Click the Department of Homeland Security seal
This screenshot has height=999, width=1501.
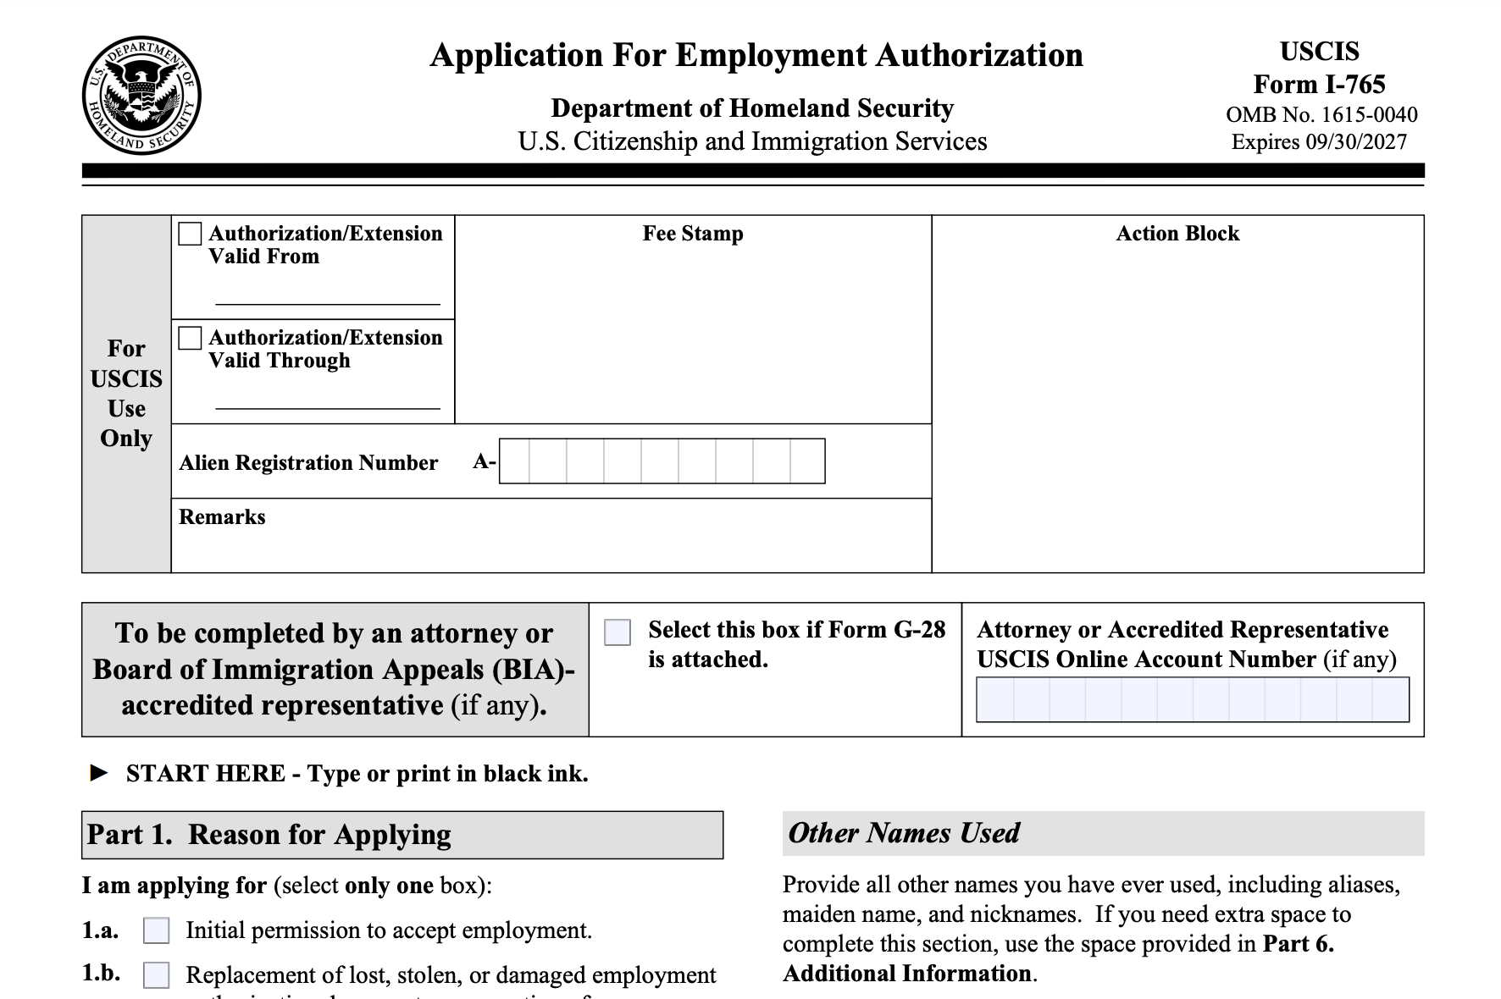pyautogui.click(x=141, y=96)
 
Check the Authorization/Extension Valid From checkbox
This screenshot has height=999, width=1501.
pyautogui.click(x=190, y=234)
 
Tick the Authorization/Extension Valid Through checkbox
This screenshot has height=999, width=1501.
pyautogui.click(x=190, y=338)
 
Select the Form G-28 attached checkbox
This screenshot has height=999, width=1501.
pyautogui.click(x=618, y=632)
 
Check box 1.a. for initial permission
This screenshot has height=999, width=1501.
pyautogui.click(x=156, y=930)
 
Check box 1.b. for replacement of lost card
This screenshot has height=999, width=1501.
pyautogui.click(x=156, y=974)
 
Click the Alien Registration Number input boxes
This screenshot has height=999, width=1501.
pyautogui.click(x=662, y=461)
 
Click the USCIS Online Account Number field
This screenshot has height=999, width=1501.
pyautogui.click(x=1192, y=699)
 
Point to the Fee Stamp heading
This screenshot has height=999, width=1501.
pyautogui.click(x=693, y=234)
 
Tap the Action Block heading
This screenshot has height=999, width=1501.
pyautogui.click(x=1177, y=234)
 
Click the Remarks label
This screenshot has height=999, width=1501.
pyautogui.click(x=222, y=517)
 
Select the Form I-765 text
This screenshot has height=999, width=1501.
pyautogui.click(x=1319, y=85)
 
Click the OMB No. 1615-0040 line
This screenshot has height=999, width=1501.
pyautogui.click(x=1321, y=114)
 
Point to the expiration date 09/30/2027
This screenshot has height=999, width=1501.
pyautogui.click(x=1355, y=141)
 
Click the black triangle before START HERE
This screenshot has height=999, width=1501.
pyautogui.click(x=99, y=773)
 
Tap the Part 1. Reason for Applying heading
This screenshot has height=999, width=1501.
pyautogui.click(x=269, y=835)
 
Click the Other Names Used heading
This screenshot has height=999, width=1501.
pyautogui.click(x=904, y=833)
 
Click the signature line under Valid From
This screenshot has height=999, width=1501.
pyautogui.click(x=328, y=302)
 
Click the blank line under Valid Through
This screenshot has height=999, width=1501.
pyautogui.click(x=328, y=407)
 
